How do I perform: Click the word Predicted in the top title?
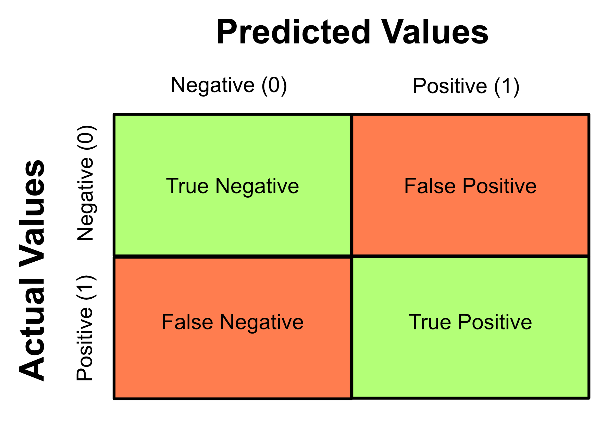pyautogui.click(x=294, y=32)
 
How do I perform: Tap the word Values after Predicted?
pyautogui.click(x=435, y=32)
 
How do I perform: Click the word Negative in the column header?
pyautogui.click(x=213, y=85)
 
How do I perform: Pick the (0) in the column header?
pyautogui.click(x=274, y=85)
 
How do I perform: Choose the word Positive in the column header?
pyautogui.click(x=450, y=86)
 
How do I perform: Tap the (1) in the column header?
pyautogui.click(x=507, y=86)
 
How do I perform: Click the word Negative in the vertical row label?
pyautogui.click(x=86, y=199)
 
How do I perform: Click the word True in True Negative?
pyautogui.click(x=187, y=186)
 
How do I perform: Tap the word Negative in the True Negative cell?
pyautogui.click(x=257, y=186)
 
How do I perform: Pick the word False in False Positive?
pyautogui.click(x=430, y=186)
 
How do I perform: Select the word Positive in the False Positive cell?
pyautogui.click(x=499, y=186)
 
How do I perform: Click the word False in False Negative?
pyautogui.click(x=187, y=322)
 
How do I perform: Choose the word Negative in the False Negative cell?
pyautogui.click(x=262, y=322)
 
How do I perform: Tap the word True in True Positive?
pyautogui.click(x=430, y=322)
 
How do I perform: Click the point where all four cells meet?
pyautogui.click(x=351, y=256)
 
